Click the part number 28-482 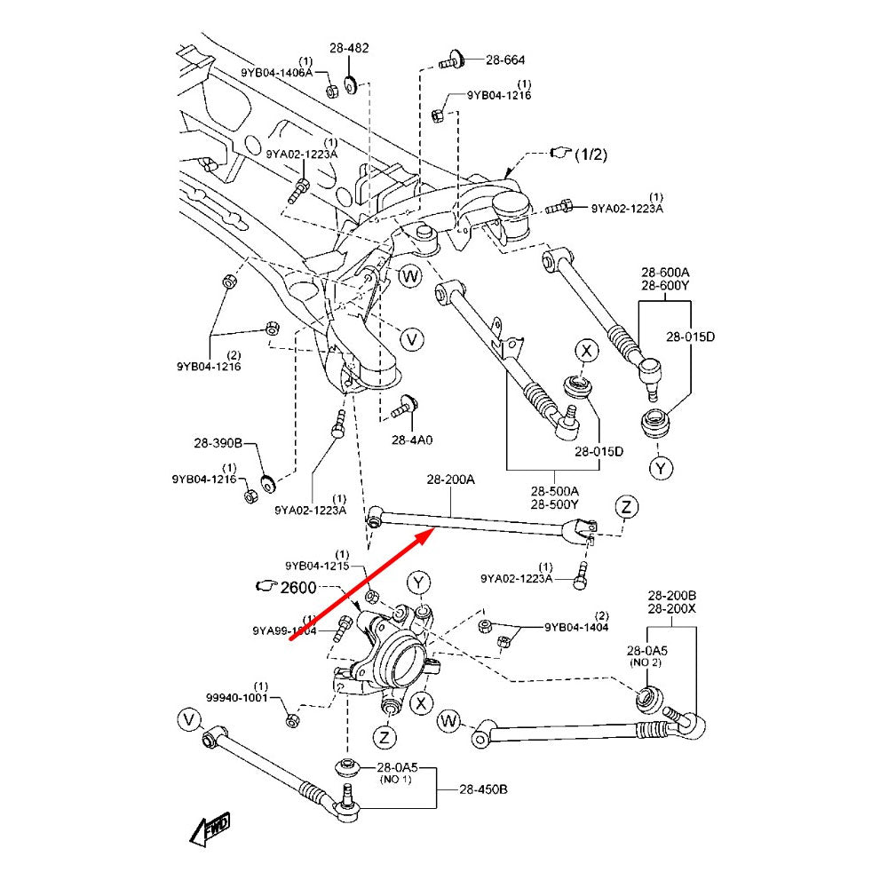point(349,48)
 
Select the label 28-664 point(504,60)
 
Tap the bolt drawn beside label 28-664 point(453,61)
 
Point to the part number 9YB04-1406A point(276,72)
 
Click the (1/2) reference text point(591,155)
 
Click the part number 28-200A point(450,480)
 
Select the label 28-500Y point(554,504)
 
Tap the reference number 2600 point(297,587)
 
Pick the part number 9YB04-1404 point(576,628)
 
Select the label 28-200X point(671,609)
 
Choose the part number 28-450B point(483,789)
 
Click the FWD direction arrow point(210,829)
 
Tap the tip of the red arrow point(432,530)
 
